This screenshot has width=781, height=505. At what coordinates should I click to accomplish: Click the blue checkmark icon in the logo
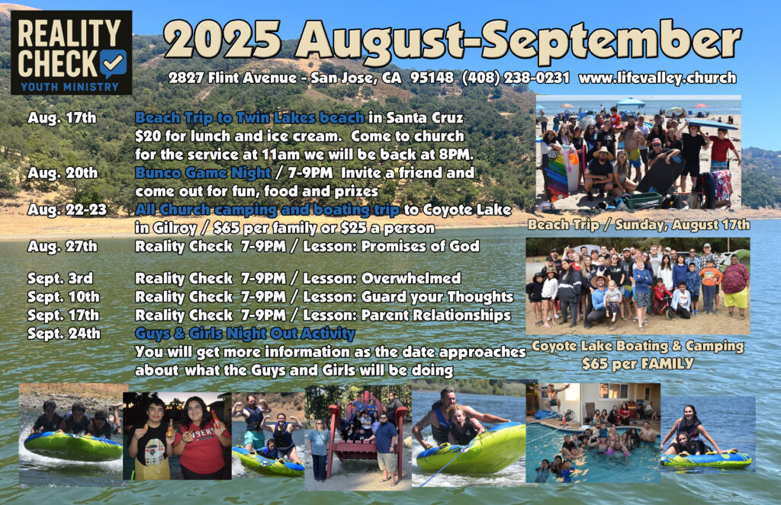click(x=113, y=64)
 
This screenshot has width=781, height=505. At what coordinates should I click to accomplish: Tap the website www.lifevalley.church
click(x=657, y=78)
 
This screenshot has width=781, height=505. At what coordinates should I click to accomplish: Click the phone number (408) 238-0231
click(x=516, y=78)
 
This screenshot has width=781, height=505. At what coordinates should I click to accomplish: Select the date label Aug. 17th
click(x=62, y=118)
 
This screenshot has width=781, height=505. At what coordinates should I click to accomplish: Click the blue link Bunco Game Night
click(x=203, y=173)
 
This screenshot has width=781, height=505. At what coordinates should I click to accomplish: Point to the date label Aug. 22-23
click(x=67, y=209)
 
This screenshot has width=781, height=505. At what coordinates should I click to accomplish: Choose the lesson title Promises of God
click(x=420, y=246)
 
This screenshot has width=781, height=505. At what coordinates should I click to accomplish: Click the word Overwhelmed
click(x=411, y=278)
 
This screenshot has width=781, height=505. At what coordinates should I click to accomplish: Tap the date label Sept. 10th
click(x=63, y=297)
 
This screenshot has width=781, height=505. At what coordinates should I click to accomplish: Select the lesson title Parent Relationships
click(x=435, y=315)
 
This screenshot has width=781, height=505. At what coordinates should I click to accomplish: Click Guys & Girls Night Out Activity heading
click(x=245, y=334)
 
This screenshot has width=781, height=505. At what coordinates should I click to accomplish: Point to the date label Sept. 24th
click(x=64, y=334)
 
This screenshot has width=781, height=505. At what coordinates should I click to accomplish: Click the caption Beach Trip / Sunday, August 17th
click(x=638, y=225)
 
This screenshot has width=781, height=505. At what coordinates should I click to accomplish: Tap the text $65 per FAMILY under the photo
click(x=638, y=363)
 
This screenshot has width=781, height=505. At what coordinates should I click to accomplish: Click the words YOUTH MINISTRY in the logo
click(x=69, y=87)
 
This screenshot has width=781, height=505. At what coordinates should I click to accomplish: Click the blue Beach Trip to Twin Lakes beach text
click(x=249, y=118)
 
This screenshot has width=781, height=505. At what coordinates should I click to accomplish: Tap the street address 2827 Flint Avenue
click(x=233, y=78)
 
